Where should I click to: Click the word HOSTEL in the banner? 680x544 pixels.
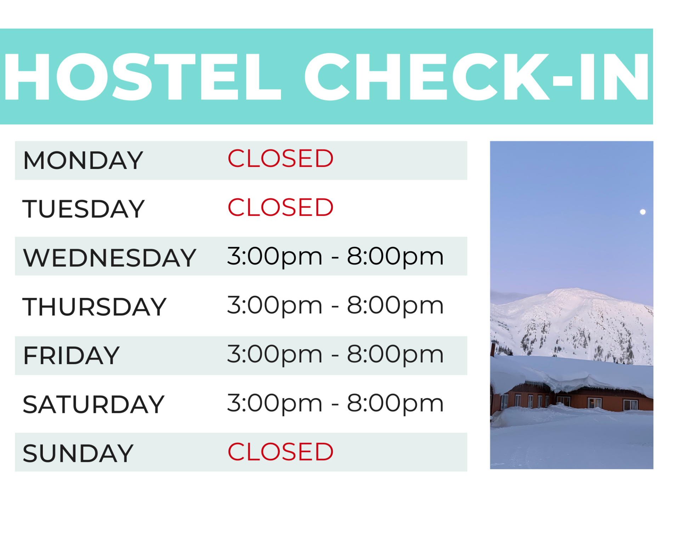coord(142,76)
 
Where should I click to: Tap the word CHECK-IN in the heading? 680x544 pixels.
coord(476,76)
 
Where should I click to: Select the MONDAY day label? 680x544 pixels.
coord(83,160)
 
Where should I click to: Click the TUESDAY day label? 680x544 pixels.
coord(84,209)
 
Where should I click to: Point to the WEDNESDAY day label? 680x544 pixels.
coord(109,257)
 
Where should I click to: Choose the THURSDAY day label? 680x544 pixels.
coord(94,307)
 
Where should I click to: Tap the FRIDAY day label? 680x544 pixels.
coord(71,356)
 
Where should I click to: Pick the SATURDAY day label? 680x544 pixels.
coord(93,404)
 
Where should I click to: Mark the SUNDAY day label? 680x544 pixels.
coord(78,453)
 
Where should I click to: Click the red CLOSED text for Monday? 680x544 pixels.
coord(280,158)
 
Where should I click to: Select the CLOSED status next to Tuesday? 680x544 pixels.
coord(280,207)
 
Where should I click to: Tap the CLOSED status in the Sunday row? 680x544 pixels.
coord(280,452)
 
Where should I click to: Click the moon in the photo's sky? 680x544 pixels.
coord(643,212)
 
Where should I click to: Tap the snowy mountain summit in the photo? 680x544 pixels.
coord(570,291)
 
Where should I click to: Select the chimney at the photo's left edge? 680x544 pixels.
coord(493,348)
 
